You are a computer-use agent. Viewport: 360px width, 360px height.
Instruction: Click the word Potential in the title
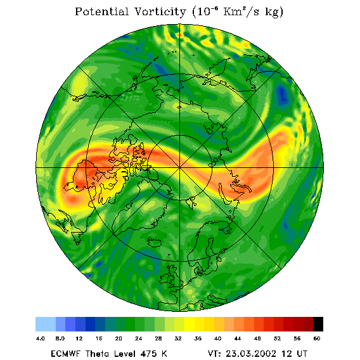pyautogui.click(x=101, y=11)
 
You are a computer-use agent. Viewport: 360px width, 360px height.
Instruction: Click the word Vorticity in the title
pyautogui.click(x=160, y=11)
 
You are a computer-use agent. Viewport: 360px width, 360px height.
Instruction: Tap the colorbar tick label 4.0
pyautogui.click(x=41, y=338)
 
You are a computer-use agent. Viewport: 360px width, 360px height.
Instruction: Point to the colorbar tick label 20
pyautogui.click(x=119, y=338)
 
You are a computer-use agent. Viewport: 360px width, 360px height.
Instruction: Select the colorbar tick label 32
pyautogui.click(x=178, y=338)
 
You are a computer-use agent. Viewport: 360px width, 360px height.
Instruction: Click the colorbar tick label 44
pyautogui.click(x=238, y=338)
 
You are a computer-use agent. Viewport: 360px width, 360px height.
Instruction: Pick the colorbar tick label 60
pyautogui.click(x=317, y=338)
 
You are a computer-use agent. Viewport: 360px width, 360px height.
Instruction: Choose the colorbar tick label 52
pyautogui.click(x=277, y=338)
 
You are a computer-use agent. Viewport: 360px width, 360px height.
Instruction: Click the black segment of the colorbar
pyautogui.click(x=318, y=324)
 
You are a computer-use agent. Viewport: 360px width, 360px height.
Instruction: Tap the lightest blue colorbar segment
pyautogui.click(x=46, y=324)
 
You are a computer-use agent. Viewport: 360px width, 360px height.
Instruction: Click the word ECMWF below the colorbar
pyautogui.click(x=65, y=354)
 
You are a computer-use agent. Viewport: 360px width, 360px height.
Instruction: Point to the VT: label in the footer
pyautogui.click(x=214, y=354)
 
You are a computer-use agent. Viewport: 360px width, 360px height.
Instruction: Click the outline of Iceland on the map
pyautogui.click(x=154, y=241)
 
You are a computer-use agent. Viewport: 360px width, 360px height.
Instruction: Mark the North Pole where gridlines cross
pyautogui.click(x=180, y=167)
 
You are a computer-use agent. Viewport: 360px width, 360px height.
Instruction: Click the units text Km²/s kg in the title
pyautogui.click(x=251, y=12)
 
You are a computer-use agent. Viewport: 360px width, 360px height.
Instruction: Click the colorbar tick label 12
pyautogui.click(x=79, y=338)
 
